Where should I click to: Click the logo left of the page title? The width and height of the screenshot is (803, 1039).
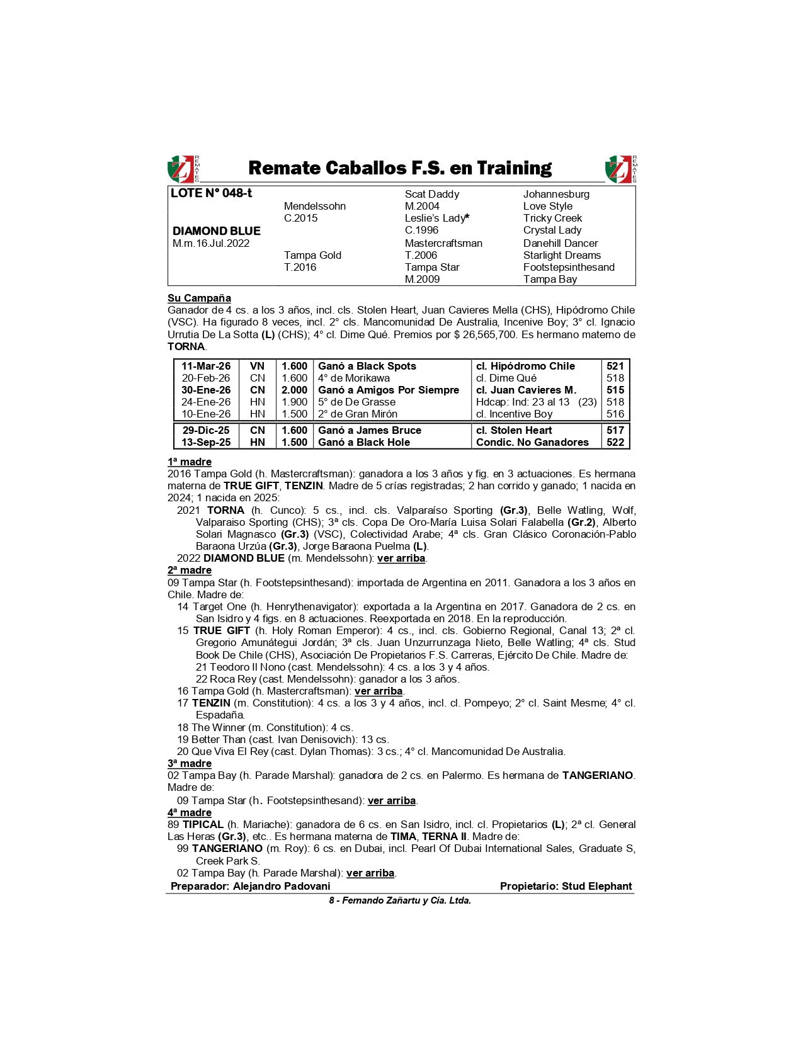coord(182,169)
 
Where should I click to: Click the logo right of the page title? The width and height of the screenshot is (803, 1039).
coord(620,169)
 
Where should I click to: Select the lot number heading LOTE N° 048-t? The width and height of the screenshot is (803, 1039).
coord(211,193)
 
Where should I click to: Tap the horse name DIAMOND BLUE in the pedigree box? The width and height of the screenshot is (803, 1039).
coord(216,231)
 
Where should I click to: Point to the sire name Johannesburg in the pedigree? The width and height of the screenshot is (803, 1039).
coord(556,194)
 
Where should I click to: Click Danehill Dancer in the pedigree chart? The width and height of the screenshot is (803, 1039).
coord(561,243)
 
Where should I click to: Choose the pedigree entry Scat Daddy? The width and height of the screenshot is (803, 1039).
coord(431,194)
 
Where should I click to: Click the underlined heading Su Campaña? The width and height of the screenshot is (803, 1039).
coord(199,298)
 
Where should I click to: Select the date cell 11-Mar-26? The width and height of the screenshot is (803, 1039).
coord(206,366)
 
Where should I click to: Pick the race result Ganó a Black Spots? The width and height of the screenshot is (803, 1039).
coord(367,366)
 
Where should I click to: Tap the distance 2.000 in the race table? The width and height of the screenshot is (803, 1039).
coord(294,390)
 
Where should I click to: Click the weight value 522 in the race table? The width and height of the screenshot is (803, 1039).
coord(615,442)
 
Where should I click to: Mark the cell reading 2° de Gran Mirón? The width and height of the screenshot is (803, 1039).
coord(358,414)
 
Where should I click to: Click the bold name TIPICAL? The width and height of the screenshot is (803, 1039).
coord(203,824)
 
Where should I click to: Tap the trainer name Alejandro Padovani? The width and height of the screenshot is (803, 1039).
coord(282,886)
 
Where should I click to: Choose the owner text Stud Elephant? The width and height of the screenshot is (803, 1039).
coord(596,886)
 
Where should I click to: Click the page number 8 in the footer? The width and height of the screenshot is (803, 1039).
coord(331,900)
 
